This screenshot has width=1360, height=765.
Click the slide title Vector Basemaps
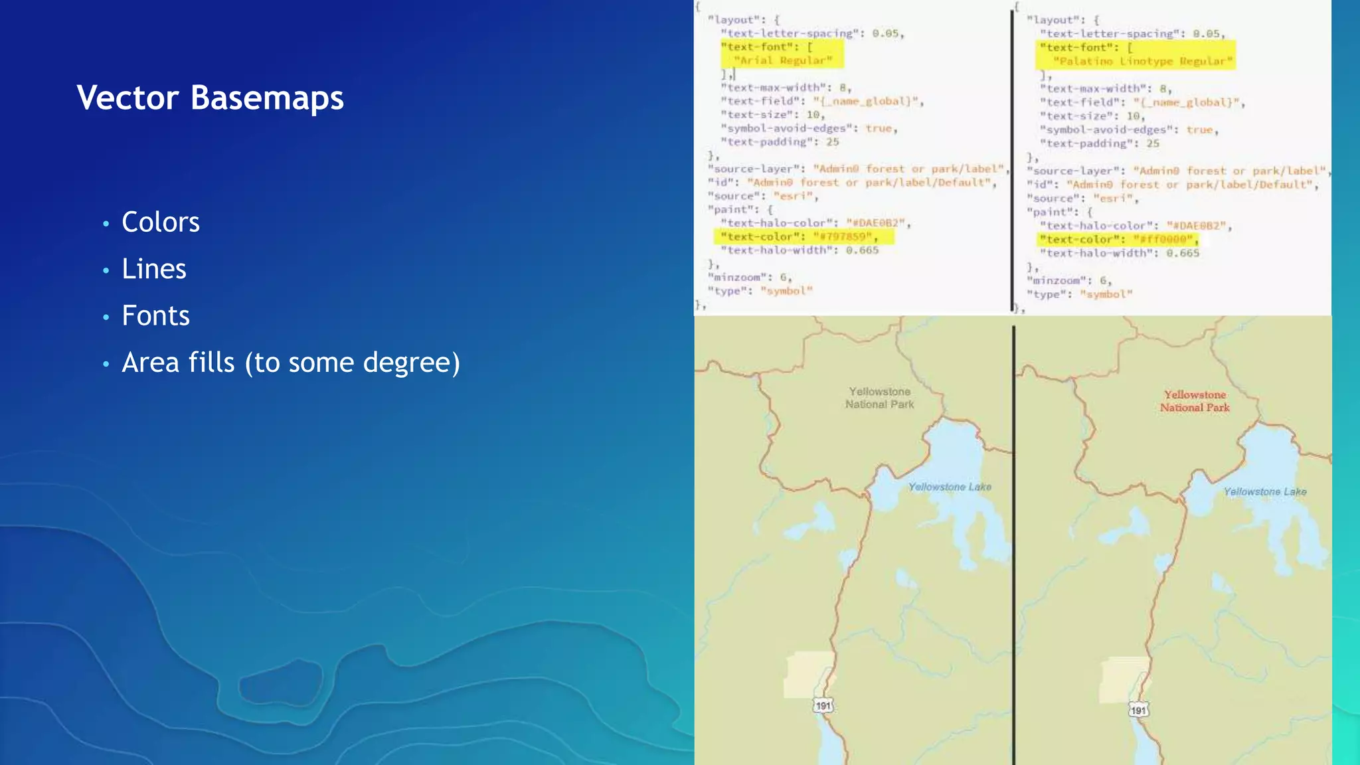210,98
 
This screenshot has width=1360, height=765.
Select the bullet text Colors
160,222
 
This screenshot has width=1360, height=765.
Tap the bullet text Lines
153,269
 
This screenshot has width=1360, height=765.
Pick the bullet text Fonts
155,315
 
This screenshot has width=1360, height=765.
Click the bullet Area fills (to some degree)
290,363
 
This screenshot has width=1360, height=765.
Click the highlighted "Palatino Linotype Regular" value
1142,61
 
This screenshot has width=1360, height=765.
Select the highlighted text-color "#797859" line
804,236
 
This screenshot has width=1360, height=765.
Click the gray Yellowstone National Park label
879,398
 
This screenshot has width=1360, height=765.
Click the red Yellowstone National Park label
1195,401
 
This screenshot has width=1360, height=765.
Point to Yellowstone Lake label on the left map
950,487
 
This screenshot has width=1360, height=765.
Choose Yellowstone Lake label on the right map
1264,491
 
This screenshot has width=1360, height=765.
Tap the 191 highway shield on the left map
823,706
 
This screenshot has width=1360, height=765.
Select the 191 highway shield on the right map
1138,710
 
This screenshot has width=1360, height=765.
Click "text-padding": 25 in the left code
780,141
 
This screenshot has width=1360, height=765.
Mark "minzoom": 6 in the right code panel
1069,280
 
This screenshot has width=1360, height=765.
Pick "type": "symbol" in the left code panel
760,291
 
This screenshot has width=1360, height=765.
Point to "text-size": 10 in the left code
772,114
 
